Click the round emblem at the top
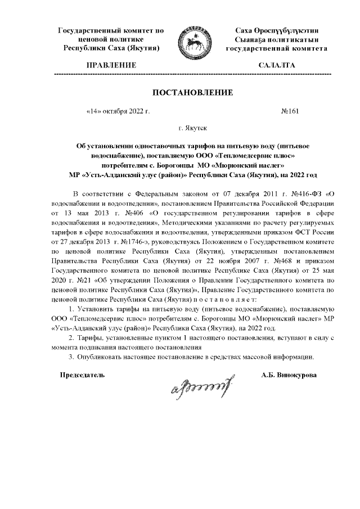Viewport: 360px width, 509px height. [191, 43]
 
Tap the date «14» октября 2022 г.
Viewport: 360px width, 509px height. [118, 111]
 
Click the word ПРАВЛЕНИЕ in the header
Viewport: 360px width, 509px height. [111, 66]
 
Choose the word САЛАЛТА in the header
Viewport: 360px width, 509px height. [276, 66]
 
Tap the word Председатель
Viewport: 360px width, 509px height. [82, 375]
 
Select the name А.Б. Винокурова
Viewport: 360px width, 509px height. [289, 375]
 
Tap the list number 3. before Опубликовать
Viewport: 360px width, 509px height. [71, 357]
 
